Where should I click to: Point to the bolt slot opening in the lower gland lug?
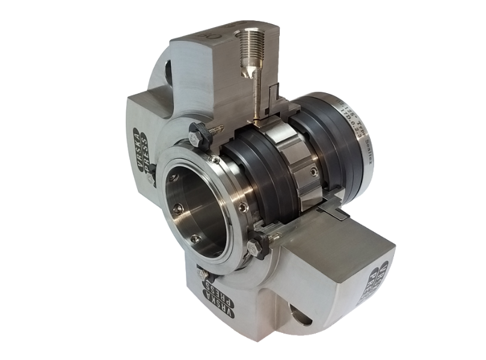(300, 313)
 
